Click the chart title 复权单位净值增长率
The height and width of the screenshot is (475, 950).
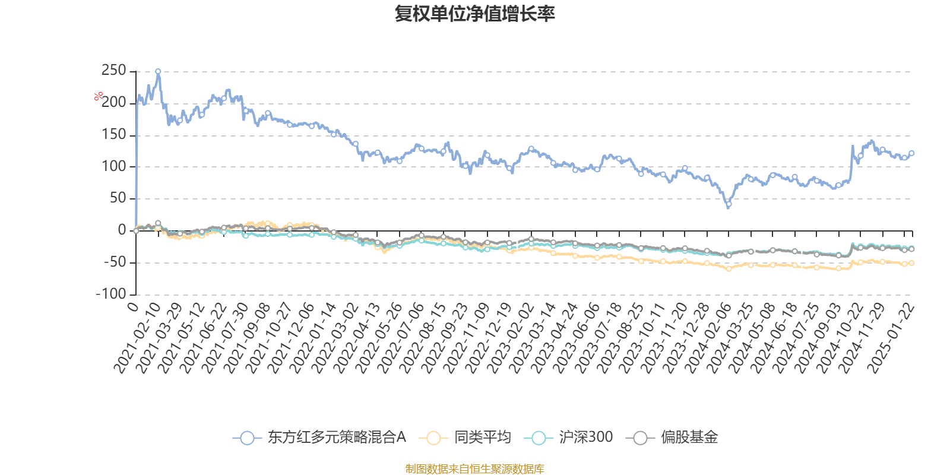click(475, 14)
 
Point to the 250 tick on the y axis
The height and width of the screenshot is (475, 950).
click(113, 71)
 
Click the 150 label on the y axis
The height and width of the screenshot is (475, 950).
click(113, 135)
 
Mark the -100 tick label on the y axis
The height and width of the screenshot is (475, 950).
click(111, 294)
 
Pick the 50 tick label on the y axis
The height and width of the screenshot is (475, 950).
click(118, 198)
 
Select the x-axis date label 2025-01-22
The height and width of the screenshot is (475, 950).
click(892, 338)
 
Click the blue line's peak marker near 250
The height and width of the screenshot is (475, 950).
click(158, 71)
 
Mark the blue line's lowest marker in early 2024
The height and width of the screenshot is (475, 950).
click(729, 206)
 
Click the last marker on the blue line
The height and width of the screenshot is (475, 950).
click(911, 153)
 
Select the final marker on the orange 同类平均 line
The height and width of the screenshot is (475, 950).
click(911, 263)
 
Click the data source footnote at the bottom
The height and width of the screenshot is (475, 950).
click(474, 469)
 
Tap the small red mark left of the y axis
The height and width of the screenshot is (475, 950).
click(99, 96)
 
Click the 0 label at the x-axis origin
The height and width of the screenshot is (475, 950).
click(134, 306)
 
